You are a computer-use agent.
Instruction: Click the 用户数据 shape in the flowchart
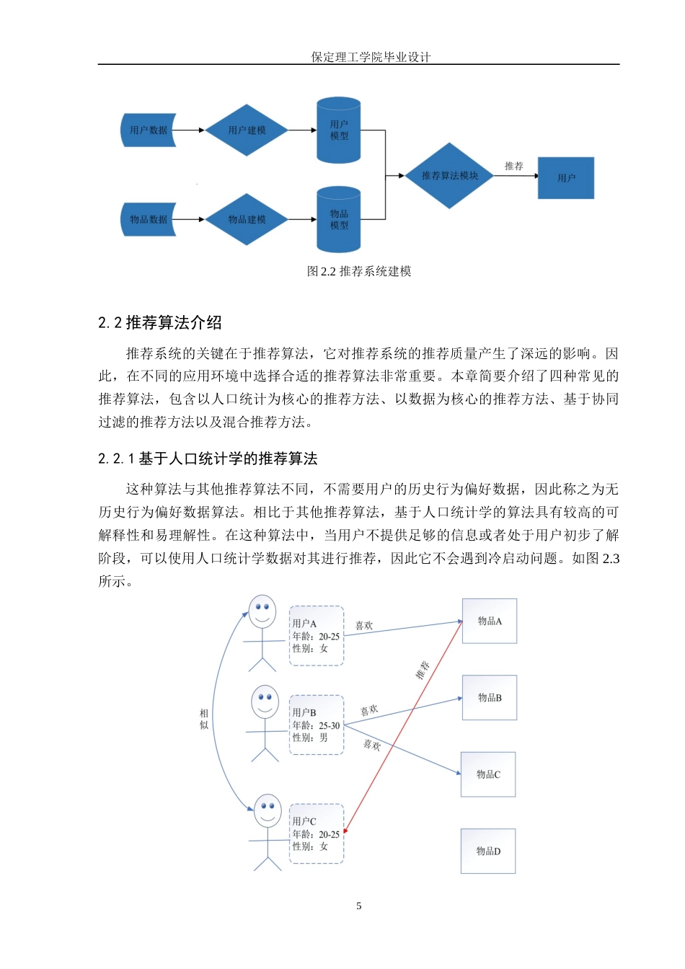click(149, 130)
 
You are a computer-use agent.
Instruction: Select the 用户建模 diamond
click(247, 130)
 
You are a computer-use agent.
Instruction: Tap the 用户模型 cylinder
click(339, 130)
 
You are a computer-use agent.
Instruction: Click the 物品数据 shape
click(149, 220)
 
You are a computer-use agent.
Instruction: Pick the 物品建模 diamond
click(247, 220)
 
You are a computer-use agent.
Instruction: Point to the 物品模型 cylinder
click(339, 220)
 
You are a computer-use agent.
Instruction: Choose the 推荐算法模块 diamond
click(449, 176)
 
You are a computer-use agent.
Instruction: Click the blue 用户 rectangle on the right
click(566, 178)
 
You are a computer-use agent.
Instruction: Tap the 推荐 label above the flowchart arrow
click(514, 167)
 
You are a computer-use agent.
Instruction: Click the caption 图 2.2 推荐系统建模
click(359, 272)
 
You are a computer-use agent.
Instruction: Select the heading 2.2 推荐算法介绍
click(160, 323)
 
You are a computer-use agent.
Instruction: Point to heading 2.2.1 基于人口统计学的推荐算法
click(208, 459)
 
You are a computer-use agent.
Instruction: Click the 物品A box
click(490, 621)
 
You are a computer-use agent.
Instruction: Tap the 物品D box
click(488, 851)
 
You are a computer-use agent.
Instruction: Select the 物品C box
click(488, 774)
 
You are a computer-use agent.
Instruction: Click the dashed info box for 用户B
click(317, 725)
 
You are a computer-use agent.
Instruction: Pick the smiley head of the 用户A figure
click(262, 611)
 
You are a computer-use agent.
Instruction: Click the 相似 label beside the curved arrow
click(204, 719)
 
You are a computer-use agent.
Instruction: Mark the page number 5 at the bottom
click(359, 906)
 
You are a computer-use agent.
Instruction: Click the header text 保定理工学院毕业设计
click(371, 57)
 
